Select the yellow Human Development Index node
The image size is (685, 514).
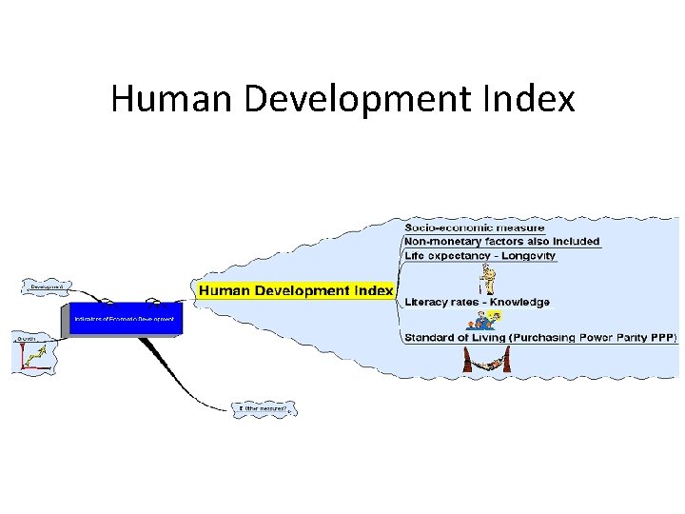pos(296,290)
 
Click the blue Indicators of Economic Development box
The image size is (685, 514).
pos(125,318)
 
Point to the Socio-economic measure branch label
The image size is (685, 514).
pos(474,227)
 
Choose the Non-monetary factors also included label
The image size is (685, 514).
pos(501,242)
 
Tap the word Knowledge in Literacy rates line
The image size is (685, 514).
pos(518,303)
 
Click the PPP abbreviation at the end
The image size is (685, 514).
pos(662,337)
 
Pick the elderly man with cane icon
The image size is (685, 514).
pos(488,279)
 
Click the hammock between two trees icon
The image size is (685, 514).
pos(482,360)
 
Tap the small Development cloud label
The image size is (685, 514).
pos(48,286)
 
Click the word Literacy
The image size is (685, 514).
pos(427,303)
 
